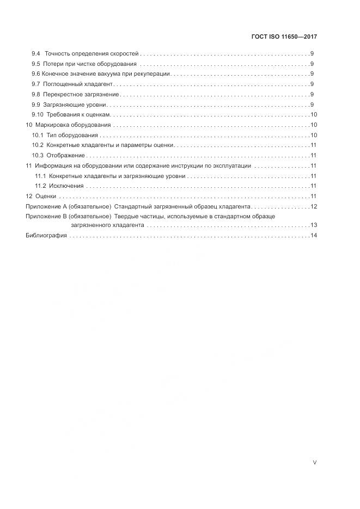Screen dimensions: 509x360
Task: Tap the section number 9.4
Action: click(x=36, y=54)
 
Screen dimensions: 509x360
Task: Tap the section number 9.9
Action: click(x=36, y=105)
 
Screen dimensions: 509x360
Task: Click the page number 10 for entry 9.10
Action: click(x=314, y=115)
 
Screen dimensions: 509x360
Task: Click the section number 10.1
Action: click(x=38, y=135)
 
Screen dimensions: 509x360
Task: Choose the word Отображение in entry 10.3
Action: click(x=65, y=156)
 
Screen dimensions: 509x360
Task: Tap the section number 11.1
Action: click(x=40, y=176)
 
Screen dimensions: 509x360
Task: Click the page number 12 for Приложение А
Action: click(x=314, y=206)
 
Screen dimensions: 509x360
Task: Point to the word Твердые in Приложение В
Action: click(x=126, y=217)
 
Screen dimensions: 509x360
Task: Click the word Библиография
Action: click(x=46, y=236)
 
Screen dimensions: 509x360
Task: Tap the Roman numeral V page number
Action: click(x=314, y=463)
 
